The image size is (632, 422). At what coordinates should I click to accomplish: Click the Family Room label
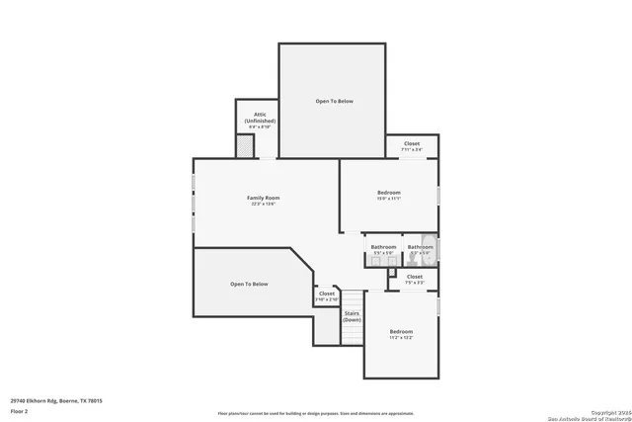coord(263,198)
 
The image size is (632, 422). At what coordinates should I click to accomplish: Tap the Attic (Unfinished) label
coord(260,117)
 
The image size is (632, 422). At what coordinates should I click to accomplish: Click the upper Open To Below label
coord(334,101)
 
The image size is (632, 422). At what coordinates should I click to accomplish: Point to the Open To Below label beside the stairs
coord(249,284)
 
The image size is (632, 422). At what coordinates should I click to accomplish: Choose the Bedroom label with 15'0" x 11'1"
coord(388,192)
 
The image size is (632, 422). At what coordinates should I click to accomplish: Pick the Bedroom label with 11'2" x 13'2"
coord(400,331)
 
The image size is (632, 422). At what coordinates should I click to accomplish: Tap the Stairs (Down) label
coord(352,316)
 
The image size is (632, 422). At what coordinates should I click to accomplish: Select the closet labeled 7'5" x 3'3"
coord(414,279)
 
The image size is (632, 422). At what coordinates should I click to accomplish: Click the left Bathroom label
coord(383,246)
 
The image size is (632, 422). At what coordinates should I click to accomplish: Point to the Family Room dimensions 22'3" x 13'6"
coord(263,205)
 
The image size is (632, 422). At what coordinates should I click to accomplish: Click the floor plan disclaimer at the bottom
coord(315,412)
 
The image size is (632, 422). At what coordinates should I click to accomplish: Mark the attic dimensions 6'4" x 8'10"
coord(260,127)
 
